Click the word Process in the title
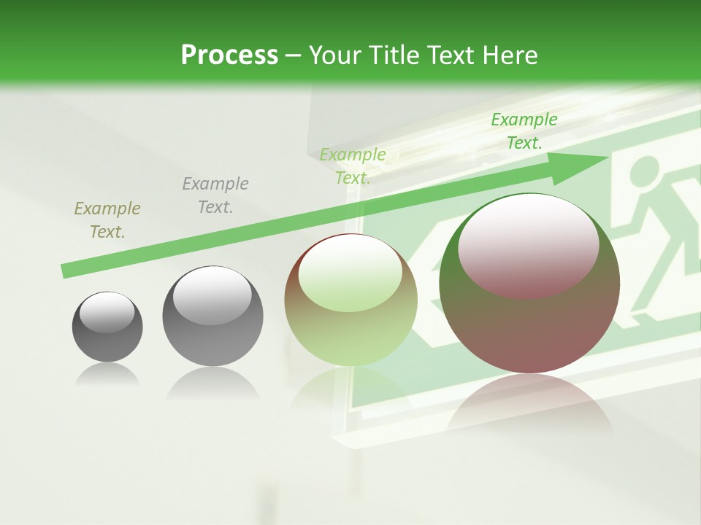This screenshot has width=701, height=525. tap(229, 55)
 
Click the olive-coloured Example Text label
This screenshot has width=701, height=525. tap(107, 220)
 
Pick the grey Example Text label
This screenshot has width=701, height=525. tap(215, 195)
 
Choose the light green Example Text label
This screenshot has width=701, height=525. tap(353, 166)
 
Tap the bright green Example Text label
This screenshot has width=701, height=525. tap(524, 131)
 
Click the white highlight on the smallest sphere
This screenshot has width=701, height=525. tap(107, 312)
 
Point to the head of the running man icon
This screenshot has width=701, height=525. tap(642, 173)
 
